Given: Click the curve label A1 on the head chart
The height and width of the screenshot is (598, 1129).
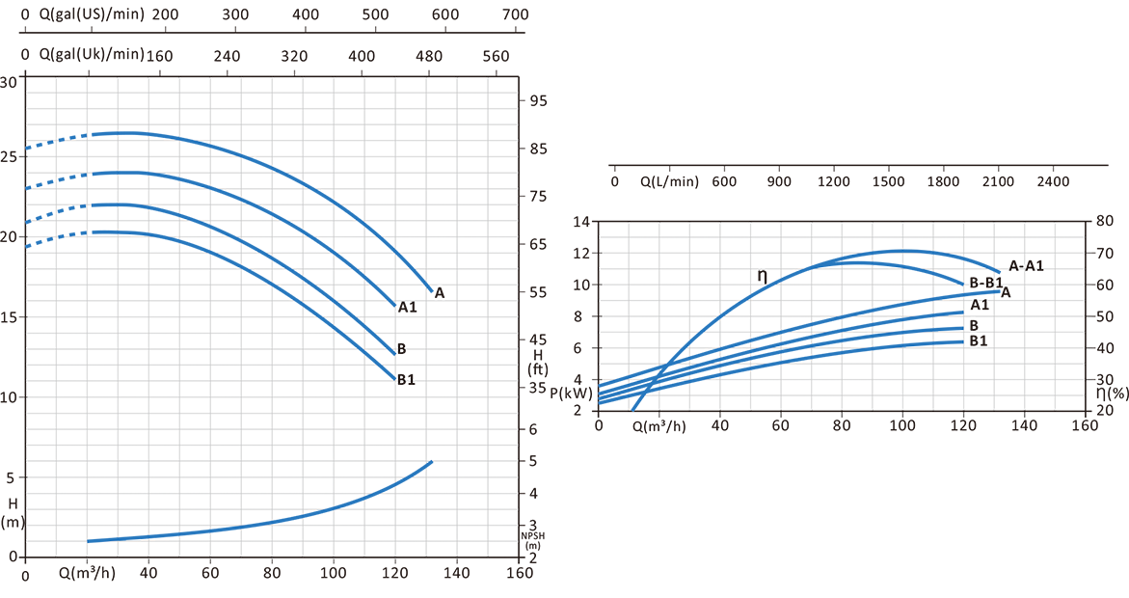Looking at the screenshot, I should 407,308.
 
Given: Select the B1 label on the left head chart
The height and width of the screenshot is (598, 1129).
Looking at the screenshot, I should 406,380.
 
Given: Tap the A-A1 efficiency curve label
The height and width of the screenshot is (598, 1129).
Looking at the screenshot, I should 1026,265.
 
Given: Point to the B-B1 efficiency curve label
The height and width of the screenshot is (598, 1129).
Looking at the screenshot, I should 986,283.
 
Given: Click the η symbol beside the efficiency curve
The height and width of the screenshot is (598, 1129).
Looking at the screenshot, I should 762,276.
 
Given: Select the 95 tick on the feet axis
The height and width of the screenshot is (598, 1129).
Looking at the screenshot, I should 539,101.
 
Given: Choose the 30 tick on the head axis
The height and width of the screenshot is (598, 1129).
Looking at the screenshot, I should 9,82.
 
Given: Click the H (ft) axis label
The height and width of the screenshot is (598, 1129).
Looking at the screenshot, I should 537,363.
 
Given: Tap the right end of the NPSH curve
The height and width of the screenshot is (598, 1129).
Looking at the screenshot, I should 431,462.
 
